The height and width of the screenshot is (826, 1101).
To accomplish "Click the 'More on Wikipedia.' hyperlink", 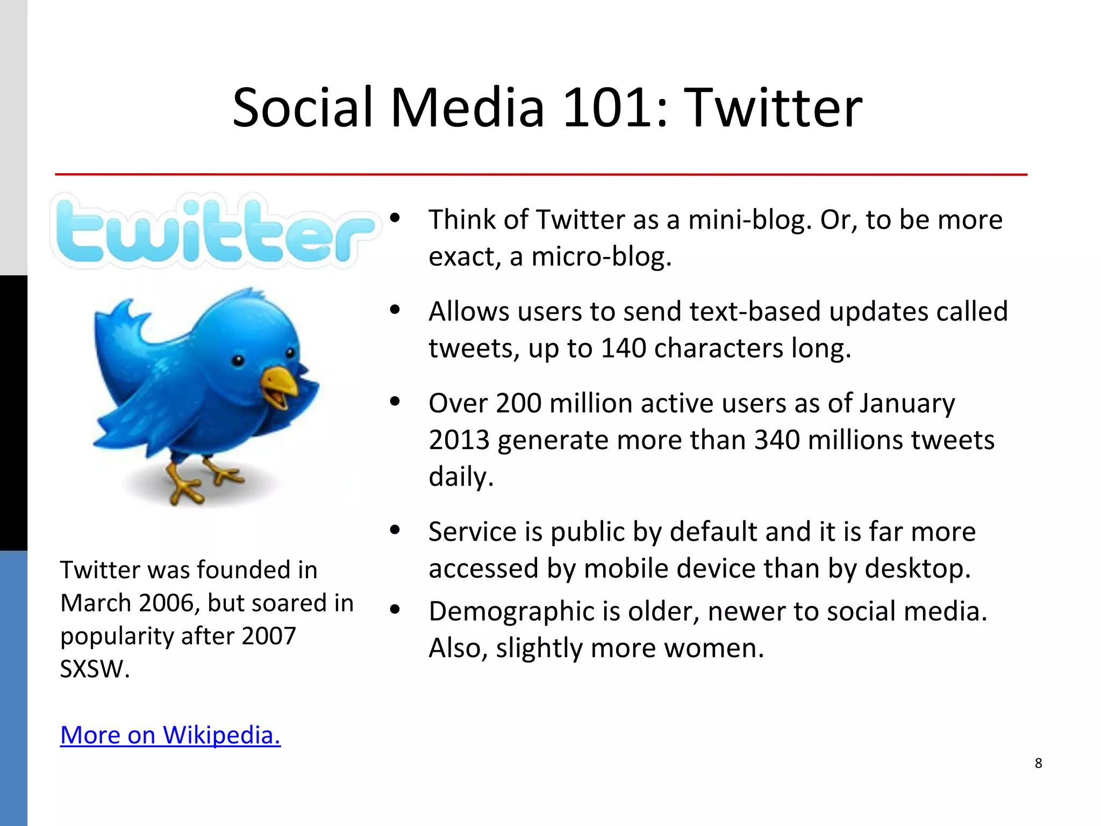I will pyautogui.click(x=170, y=735).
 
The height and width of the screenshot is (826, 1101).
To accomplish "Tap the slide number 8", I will pyautogui.click(x=1038, y=763).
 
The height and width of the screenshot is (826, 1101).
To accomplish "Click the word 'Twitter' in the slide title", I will pyautogui.click(x=775, y=109).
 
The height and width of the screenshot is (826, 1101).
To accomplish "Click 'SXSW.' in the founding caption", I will pyautogui.click(x=95, y=669).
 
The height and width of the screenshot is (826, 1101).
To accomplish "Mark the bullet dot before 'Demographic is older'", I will pyautogui.click(x=395, y=609).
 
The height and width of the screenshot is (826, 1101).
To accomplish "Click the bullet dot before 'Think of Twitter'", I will pyautogui.click(x=395, y=218).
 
